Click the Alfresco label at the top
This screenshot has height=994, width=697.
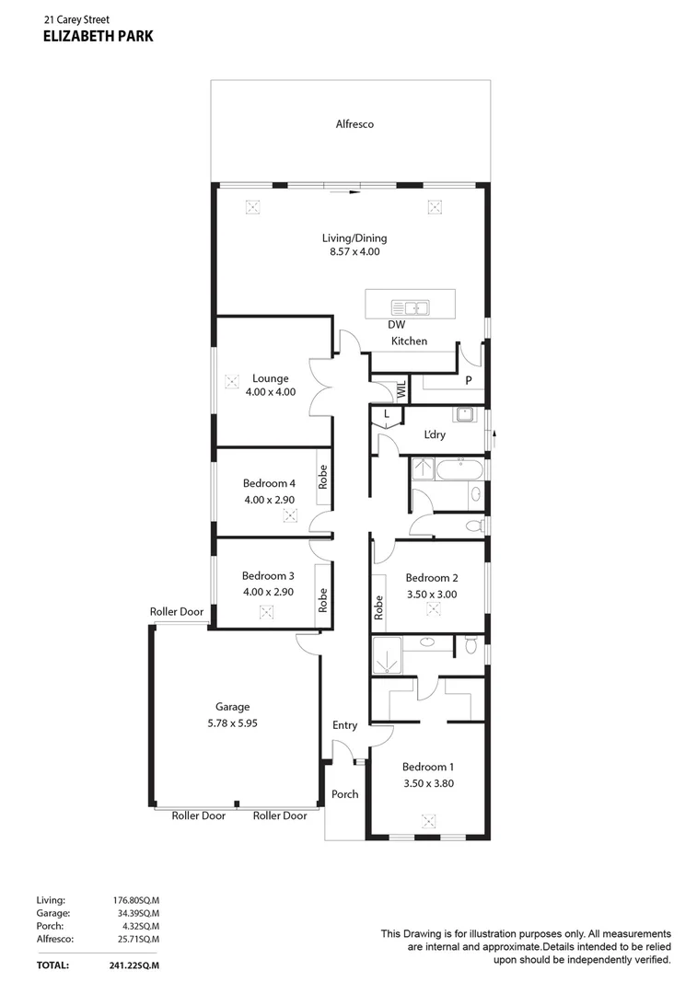[x=354, y=123]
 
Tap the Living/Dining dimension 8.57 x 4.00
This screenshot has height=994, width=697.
[x=354, y=251]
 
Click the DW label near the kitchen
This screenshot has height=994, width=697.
[x=397, y=324]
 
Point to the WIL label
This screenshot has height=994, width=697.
[x=401, y=390]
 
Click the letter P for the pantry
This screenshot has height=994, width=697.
[x=469, y=380]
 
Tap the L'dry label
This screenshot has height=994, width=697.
[x=436, y=434]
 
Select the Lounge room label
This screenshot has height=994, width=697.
[x=271, y=378]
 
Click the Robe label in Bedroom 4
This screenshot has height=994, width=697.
[x=322, y=477]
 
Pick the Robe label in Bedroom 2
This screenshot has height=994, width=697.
[x=378, y=607]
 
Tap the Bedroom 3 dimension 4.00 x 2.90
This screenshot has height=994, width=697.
[x=268, y=592]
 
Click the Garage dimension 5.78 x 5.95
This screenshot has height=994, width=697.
[x=233, y=722]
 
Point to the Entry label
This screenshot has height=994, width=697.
[x=345, y=725]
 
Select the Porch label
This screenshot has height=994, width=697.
[x=345, y=793]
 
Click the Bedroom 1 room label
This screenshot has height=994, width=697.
[x=428, y=767]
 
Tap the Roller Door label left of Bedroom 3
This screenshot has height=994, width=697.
[x=177, y=611]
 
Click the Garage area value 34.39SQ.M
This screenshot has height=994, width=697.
[x=136, y=912]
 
